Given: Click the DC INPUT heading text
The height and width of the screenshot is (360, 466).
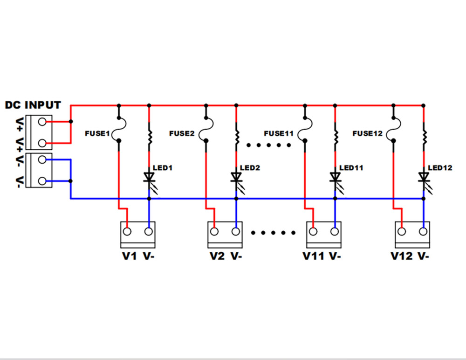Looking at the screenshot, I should tap(33, 105).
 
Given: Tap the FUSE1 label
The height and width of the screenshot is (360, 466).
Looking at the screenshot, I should tap(97, 134).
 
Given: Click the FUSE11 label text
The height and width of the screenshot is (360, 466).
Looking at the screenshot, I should tap(279, 133).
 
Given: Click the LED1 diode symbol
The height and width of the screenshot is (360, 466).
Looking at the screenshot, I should tap(149, 177).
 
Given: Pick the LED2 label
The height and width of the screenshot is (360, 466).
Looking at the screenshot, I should tap(250, 167).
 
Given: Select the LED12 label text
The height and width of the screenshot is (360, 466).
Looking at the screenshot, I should tap(439, 167).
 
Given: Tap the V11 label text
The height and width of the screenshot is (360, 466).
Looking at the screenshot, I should tap(313, 256).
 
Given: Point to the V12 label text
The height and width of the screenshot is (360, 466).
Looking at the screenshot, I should tap(401, 256).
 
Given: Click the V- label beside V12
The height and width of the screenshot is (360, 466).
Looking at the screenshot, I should tap(424, 256).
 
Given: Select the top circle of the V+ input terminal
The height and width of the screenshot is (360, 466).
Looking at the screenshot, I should tap(42, 122).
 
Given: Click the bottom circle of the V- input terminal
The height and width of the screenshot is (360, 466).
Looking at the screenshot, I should tap(42, 180).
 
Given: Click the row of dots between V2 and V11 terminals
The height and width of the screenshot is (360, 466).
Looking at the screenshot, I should tap(274, 232).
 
